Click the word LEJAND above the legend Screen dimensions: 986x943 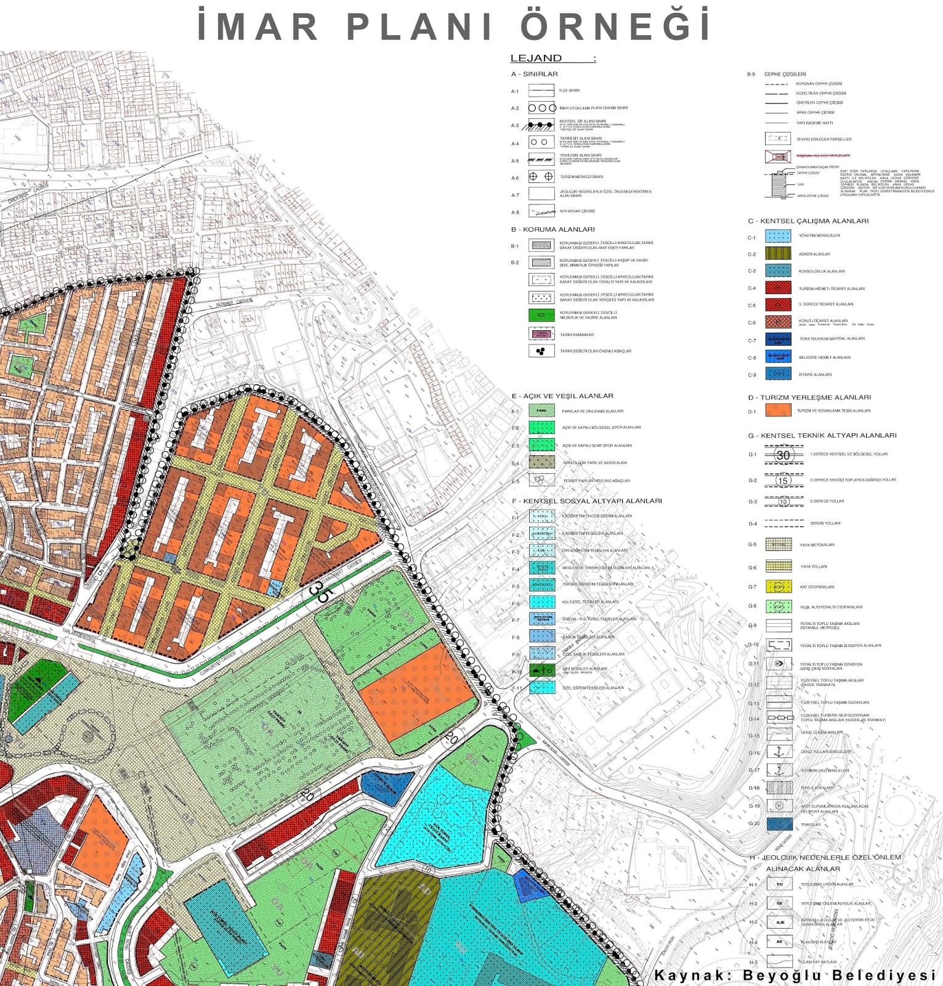click(536, 59)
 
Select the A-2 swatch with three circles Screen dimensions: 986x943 click(541, 108)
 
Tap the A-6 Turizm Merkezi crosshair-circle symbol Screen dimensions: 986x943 click(541, 177)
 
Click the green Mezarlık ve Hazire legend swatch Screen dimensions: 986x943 click(541, 316)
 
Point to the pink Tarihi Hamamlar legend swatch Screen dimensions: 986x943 click(541, 334)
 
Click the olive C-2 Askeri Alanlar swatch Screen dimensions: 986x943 click(778, 253)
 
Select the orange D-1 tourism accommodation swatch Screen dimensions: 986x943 click(778, 410)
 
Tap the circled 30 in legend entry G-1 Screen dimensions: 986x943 click(783, 455)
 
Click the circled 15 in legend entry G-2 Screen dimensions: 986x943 click(783, 481)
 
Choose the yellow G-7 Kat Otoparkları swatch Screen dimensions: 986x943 click(779, 587)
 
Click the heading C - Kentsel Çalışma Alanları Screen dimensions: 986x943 click(808, 221)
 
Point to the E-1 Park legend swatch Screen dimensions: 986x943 click(541, 410)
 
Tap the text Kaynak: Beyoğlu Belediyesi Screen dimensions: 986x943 click(795, 976)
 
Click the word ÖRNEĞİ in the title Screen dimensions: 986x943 click(616, 26)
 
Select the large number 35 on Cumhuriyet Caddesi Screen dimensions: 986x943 click(320, 592)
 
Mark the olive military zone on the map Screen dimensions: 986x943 click(394, 918)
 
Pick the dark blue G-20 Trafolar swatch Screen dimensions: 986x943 click(779, 825)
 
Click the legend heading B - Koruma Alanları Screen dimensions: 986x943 click(552, 229)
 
